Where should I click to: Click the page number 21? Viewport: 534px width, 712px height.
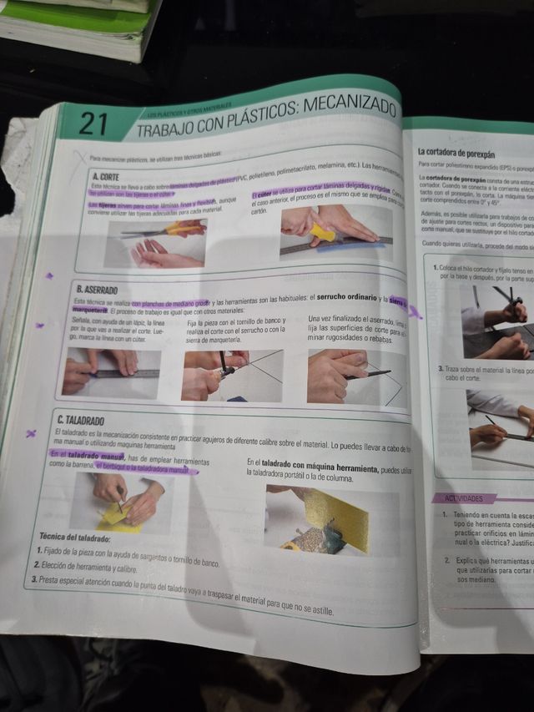[93, 124]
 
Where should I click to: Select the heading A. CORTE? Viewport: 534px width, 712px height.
[106, 177]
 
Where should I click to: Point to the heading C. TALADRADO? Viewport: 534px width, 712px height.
[81, 419]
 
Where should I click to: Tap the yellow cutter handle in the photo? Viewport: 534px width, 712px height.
[322, 235]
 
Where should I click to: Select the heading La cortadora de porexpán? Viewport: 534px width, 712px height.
[456, 154]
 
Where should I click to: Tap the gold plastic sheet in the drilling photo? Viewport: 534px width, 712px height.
[339, 518]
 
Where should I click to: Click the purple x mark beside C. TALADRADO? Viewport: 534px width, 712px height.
[32, 432]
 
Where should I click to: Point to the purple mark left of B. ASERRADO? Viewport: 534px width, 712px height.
[49, 275]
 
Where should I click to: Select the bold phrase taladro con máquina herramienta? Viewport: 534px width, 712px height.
[310, 462]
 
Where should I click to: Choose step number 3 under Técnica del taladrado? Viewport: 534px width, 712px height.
[34, 579]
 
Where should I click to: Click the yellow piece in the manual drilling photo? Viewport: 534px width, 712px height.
[117, 518]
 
